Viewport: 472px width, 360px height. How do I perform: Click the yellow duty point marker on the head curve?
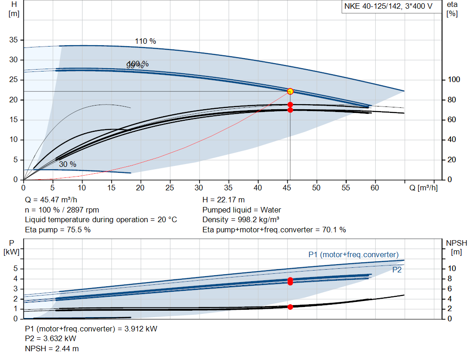pyautogui.click(x=290, y=91)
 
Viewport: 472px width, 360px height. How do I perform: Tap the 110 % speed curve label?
pyautogui.click(x=145, y=41)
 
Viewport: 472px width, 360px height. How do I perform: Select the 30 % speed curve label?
pyautogui.click(x=67, y=164)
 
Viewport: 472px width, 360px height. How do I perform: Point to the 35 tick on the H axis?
pyautogui.click(x=14, y=40)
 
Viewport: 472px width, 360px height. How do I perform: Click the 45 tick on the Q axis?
pyautogui.click(x=287, y=188)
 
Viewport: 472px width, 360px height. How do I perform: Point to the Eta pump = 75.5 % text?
pyautogui.click(x=58, y=230)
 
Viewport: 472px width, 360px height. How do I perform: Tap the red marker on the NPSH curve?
pyautogui.click(x=290, y=307)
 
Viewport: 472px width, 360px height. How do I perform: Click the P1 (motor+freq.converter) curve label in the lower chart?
pyautogui.click(x=353, y=254)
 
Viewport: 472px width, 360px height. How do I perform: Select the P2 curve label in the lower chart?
pyautogui.click(x=397, y=270)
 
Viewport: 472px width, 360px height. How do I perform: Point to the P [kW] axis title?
pyautogui.click(x=12, y=247)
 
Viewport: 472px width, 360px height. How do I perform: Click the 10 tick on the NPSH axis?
pyautogui.click(x=452, y=269)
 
